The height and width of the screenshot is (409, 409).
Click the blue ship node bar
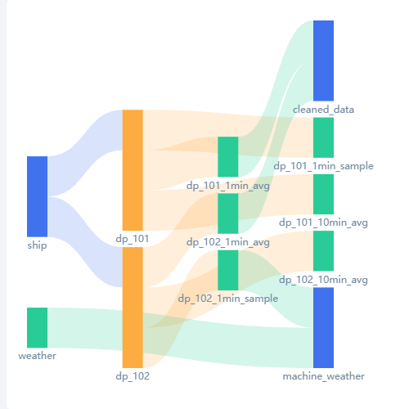[37, 196]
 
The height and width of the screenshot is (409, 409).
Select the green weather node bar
[37, 327]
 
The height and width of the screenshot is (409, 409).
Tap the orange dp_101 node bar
[133, 170]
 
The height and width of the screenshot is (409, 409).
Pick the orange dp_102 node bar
[133, 308]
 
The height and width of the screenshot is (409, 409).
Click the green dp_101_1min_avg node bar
[228, 157]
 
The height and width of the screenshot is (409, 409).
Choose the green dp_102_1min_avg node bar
[228, 213]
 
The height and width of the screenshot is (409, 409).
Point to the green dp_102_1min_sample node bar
[228, 270]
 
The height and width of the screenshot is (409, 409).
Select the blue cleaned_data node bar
[323, 61]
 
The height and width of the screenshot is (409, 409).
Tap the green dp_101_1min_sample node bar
[323, 137]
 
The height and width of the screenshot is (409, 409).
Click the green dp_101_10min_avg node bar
[323, 194]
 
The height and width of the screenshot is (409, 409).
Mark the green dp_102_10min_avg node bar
[323, 251]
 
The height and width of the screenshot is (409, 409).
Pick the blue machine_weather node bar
[323, 327]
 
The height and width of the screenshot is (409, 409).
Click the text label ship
[37, 245]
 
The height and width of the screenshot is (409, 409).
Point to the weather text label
[37, 356]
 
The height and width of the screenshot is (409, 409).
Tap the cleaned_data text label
[323, 110]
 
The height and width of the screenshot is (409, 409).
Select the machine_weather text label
[323, 376]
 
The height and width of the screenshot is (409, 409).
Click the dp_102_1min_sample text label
[228, 299]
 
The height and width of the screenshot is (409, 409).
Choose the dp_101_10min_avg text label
[323, 222]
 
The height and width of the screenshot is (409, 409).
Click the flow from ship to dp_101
[85, 153]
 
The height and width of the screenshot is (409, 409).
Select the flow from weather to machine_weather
[180, 337]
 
